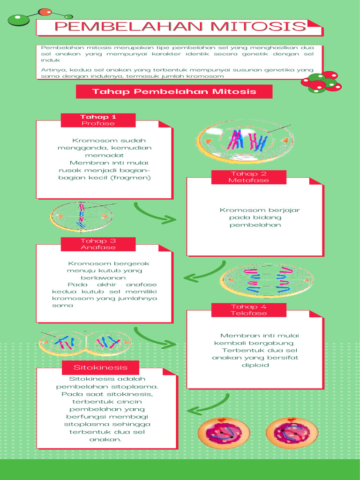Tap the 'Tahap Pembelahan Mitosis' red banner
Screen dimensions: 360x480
(x=174, y=91)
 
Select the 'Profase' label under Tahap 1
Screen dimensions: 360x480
(x=98, y=124)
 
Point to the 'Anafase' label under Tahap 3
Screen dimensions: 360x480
(x=98, y=247)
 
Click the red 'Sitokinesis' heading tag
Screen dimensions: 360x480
(x=100, y=367)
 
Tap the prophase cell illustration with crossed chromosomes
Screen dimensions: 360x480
(x=245, y=141)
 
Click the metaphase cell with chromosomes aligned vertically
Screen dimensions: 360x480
(x=82, y=217)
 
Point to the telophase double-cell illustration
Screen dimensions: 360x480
(x=86, y=344)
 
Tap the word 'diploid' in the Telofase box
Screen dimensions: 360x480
(x=255, y=365)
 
